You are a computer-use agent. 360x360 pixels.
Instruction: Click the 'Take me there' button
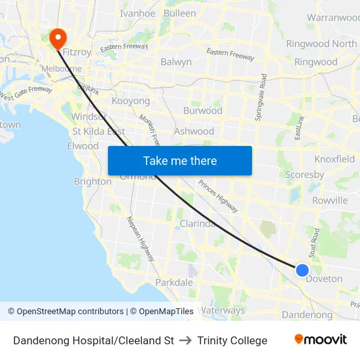point(179,160)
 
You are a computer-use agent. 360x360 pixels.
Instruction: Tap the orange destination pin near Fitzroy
point(58,38)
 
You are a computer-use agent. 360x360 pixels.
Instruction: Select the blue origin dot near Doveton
point(302,270)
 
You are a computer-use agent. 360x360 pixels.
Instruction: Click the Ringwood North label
point(321,44)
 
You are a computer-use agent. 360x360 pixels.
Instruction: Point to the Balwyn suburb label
point(176,62)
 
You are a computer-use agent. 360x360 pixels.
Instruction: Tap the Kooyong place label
point(131,101)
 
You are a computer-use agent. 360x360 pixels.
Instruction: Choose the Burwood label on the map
point(202,111)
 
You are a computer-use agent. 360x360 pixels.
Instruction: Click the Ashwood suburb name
point(194,131)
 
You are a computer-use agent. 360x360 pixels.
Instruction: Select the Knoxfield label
point(334,159)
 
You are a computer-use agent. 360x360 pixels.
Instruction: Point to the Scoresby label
point(304,175)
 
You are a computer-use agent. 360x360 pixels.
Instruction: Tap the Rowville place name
point(329,200)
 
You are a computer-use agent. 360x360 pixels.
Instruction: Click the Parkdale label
point(173,283)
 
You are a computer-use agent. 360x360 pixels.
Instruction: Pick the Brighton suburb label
point(92,181)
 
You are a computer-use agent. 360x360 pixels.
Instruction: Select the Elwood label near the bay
point(82,146)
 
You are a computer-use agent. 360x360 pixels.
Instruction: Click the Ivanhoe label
point(137,13)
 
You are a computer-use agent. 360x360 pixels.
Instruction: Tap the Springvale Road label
point(263,96)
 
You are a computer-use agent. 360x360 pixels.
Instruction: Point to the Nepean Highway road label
point(141,238)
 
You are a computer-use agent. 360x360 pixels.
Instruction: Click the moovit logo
point(320,340)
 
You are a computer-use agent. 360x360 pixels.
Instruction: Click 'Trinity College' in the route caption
point(232,340)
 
